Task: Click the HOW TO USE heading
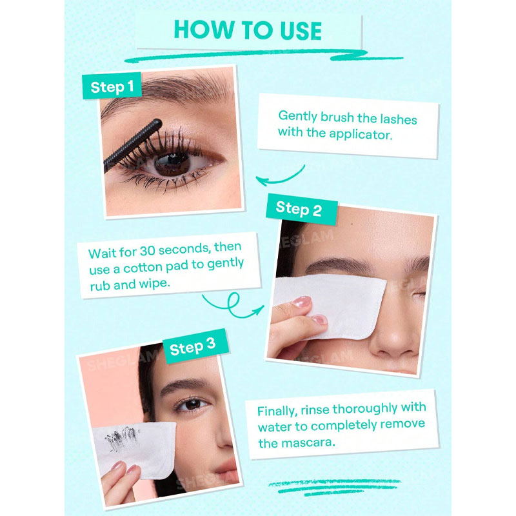pyautogui.click(x=248, y=30)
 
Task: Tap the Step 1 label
pyautogui.click(x=112, y=86)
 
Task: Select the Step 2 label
pyautogui.click(x=299, y=208)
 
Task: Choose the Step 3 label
pyautogui.click(x=192, y=346)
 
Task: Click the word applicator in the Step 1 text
pyautogui.click(x=361, y=135)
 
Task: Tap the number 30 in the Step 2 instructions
pyautogui.click(x=148, y=251)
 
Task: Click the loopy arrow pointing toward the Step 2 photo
pyautogui.click(x=233, y=306)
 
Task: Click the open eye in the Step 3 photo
pyautogui.click(x=192, y=404)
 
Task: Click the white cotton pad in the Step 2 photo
pyautogui.click(x=332, y=306)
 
